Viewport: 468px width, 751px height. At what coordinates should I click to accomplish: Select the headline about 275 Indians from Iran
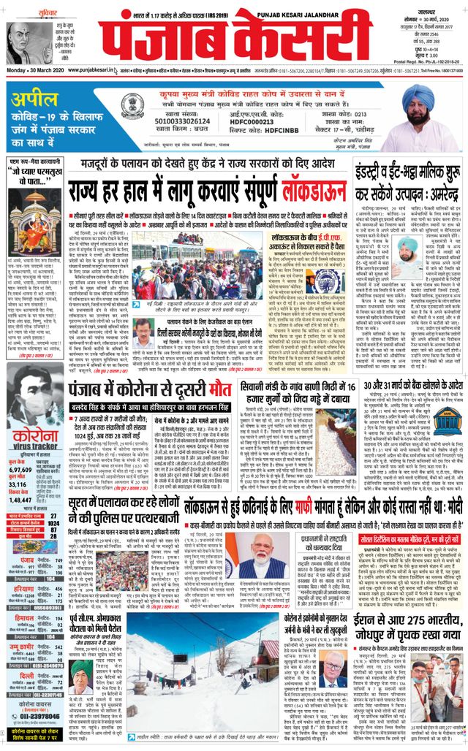(394, 624)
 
